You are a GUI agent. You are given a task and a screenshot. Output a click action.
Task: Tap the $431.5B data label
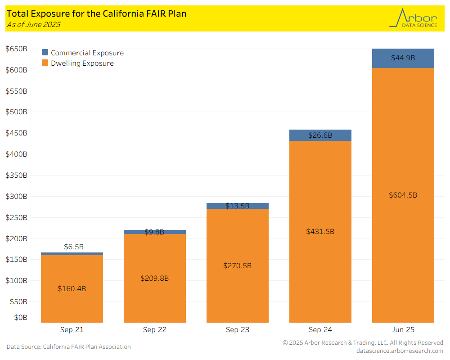320,231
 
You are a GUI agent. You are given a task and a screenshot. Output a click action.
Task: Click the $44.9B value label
403,58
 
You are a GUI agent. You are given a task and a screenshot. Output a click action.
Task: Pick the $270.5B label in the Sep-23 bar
237,265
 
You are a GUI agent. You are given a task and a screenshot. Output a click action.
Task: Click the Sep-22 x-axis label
155,330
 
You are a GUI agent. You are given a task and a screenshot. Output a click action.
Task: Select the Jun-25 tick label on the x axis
403,330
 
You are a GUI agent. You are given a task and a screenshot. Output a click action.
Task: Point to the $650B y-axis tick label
16,49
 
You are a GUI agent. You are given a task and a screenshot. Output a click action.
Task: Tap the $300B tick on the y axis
16,196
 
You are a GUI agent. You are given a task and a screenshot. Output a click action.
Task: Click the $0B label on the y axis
20,318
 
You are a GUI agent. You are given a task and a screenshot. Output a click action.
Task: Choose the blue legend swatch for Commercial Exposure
45,53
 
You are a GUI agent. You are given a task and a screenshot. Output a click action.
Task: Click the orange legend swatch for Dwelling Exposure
45,63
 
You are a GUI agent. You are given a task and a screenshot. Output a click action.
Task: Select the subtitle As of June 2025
33,25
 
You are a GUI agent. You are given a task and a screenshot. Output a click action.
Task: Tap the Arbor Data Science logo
414,18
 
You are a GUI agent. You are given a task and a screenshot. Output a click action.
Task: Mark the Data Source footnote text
68,347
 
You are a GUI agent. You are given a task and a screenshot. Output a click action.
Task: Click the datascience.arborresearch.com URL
400,351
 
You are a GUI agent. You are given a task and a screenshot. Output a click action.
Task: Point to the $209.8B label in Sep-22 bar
154,278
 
